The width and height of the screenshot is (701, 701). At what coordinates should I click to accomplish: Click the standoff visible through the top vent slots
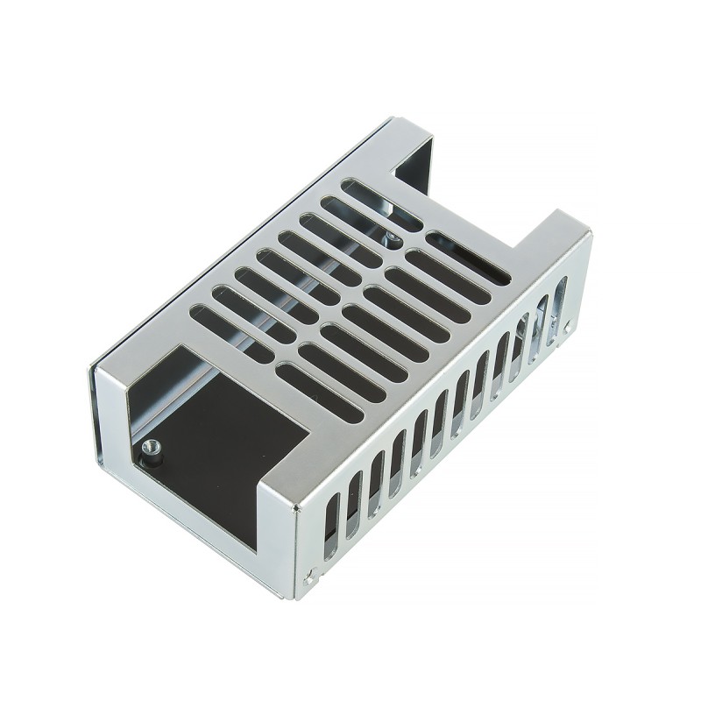pos(391,237)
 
